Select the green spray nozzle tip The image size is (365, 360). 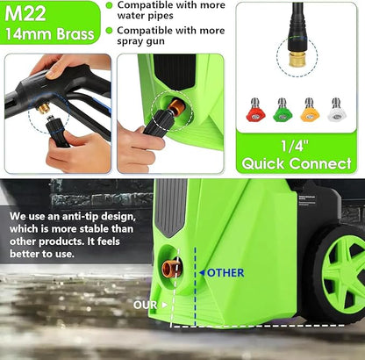click(283, 110)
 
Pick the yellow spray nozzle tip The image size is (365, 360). click(309, 110)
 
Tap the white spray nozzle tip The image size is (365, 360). click(336, 110)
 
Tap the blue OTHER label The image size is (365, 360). click(225, 272)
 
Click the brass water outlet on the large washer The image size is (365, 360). click(173, 268)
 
